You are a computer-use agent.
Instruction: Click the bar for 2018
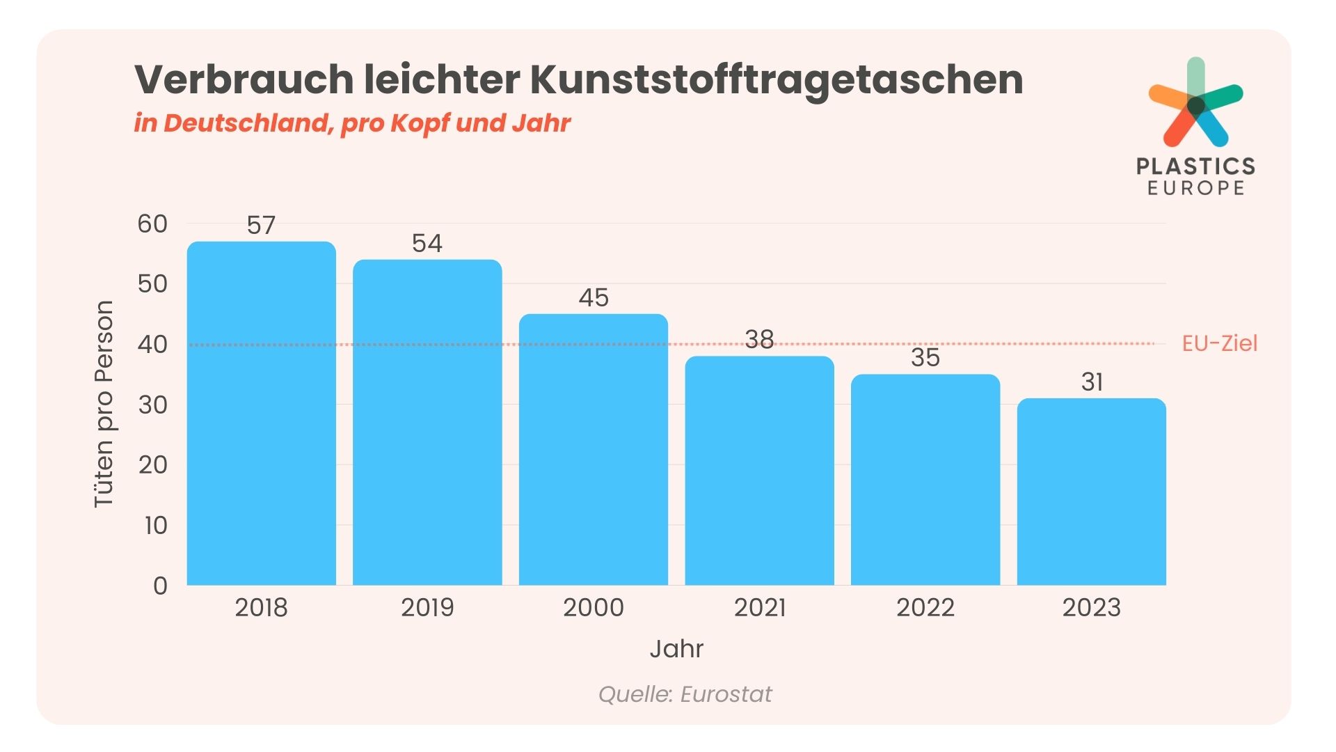click(262, 414)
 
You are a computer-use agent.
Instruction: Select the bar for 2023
click(1091, 492)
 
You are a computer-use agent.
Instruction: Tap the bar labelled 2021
click(759, 471)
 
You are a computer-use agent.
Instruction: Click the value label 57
click(262, 226)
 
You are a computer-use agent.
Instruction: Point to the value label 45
click(594, 298)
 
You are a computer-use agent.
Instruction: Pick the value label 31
click(1092, 382)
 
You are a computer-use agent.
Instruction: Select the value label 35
click(925, 358)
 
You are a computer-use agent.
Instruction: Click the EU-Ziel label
click(1219, 343)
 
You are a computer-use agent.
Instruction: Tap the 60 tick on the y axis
click(152, 224)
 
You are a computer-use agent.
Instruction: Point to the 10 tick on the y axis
click(156, 526)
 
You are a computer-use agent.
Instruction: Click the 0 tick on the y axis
click(160, 586)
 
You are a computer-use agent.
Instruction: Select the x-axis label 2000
click(594, 608)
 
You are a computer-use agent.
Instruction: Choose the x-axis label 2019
click(427, 608)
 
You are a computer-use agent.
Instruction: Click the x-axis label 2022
click(925, 608)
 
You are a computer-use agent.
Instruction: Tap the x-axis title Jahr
click(676, 649)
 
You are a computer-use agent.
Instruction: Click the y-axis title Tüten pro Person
click(104, 404)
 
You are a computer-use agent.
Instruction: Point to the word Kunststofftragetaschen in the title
click(776, 79)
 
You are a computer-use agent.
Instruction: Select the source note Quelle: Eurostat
click(685, 694)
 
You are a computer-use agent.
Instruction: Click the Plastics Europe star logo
click(1195, 104)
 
